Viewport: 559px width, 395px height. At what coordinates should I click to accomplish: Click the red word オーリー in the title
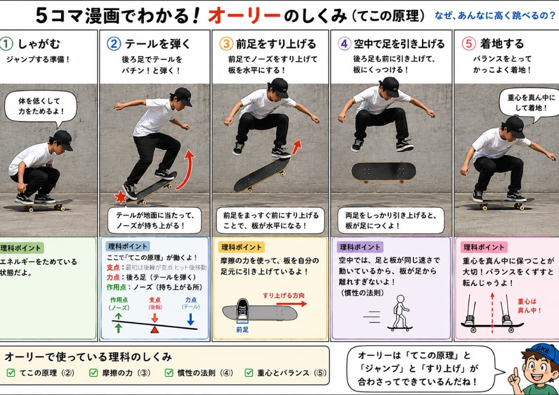244,15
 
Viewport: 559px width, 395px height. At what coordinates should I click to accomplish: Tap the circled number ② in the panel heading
114,43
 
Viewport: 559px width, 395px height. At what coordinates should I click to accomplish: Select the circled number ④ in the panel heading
344,43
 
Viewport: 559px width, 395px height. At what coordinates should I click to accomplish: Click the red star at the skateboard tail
120,197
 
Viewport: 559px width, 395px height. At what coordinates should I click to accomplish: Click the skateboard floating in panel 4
384,172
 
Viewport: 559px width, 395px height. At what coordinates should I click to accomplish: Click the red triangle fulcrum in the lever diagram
155,329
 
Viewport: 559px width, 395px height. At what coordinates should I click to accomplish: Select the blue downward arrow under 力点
191,319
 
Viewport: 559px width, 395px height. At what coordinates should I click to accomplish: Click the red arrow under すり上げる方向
292,304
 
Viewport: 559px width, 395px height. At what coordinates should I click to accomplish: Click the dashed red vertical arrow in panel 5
492,313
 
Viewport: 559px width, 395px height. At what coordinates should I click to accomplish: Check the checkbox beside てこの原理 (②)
11,372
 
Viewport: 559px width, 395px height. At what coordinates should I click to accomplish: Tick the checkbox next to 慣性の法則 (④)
169,372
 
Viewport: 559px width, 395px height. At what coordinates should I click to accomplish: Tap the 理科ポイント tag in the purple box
359,247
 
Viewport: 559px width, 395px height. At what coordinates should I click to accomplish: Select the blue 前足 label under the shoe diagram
243,330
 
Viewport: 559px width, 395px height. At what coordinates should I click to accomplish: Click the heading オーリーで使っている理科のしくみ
88,356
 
